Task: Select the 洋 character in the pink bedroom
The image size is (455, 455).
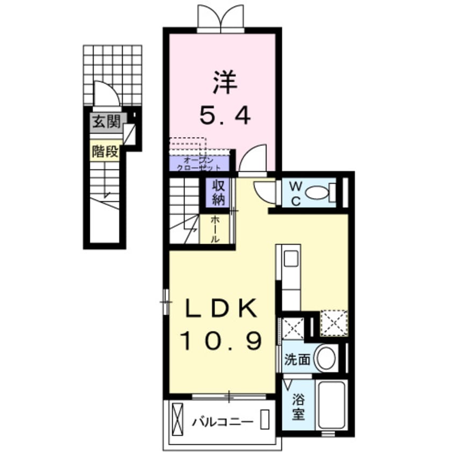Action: (224, 84)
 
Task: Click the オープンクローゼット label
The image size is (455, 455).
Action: (199, 163)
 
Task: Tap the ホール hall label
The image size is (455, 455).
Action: (215, 229)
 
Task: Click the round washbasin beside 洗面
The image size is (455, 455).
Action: (325, 358)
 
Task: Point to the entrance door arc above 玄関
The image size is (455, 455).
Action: (106, 95)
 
